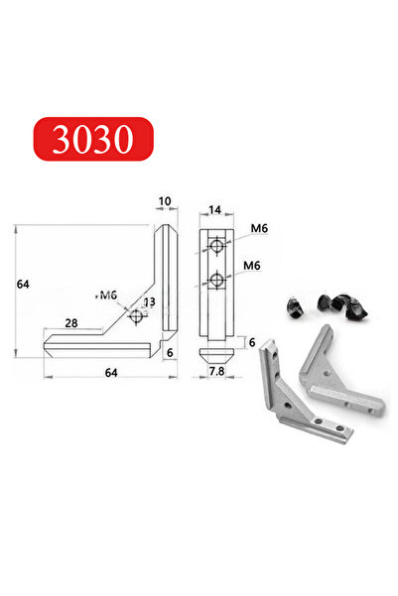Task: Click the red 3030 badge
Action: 95,141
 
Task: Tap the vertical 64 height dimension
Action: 22,285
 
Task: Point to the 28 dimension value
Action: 72,323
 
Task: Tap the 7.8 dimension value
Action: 216,370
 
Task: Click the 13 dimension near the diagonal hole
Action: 149,302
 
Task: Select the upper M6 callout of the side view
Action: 259,229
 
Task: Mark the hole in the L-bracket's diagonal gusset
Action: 136,315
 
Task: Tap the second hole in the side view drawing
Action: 216,281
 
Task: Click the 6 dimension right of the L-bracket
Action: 170,352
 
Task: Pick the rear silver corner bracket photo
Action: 342,377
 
